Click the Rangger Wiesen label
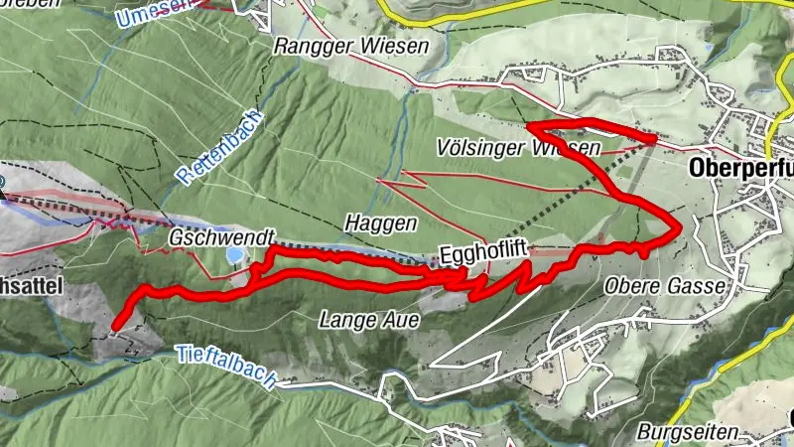(351, 46)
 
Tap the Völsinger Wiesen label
(518, 148)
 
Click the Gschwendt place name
(206, 240)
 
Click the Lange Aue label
(369, 320)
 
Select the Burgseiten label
(688, 433)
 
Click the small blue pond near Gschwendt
(233, 255)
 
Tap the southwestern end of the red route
(115, 326)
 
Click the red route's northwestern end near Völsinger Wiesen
(529, 126)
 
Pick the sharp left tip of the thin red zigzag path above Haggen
(380, 182)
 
